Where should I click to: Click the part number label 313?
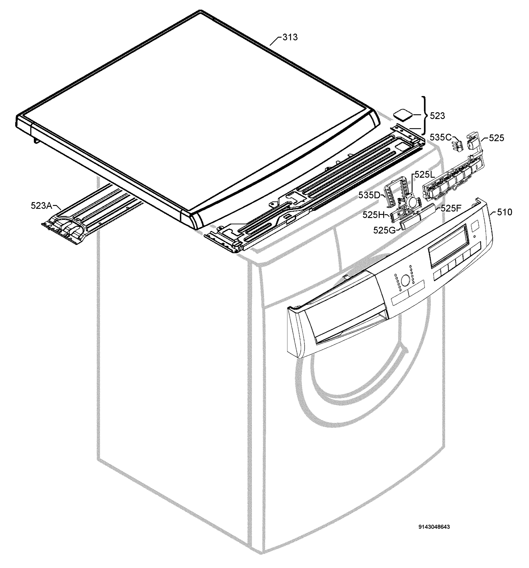pyautogui.click(x=290, y=37)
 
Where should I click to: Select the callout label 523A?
pyautogui.click(x=41, y=205)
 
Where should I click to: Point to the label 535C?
pyautogui.click(x=441, y=138)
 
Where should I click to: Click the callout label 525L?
pyautogui.click(x=425, y=175)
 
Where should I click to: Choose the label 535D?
pyautogui.click(x=369, y=195)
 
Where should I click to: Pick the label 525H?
pyautogui.click(x=373, y=215)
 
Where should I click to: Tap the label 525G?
pyautogui.click(x=384, y=230)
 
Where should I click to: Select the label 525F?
pyautogui.click(x=451, y=208)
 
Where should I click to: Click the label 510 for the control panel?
pyautogui.click(x=504, y=212)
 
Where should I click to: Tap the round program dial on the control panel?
pyautogui.click(x=405, y=281)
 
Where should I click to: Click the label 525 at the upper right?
pyautogui.click(x=496, y=138)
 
